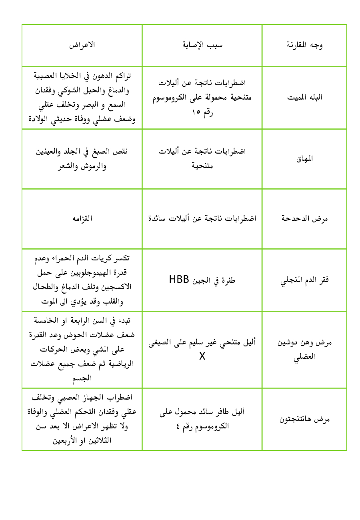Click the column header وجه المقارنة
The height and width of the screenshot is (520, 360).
[304, 45]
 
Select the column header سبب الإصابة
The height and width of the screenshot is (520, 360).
[202, 45]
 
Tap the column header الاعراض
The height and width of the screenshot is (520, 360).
[82, 45]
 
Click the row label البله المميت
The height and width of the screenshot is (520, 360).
[304, 98]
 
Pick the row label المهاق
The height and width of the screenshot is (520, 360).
[304, 159]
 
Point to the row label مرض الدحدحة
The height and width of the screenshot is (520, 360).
[304, 219]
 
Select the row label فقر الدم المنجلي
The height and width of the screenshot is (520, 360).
[304, 280]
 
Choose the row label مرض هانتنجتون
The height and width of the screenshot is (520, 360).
[304, 419]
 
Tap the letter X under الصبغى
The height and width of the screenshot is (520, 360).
[202, 356]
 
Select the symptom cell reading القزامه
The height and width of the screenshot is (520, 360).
[82, 219]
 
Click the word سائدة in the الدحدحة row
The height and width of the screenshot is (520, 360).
[158, 219]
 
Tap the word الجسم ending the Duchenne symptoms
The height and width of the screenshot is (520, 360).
[82, 378]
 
